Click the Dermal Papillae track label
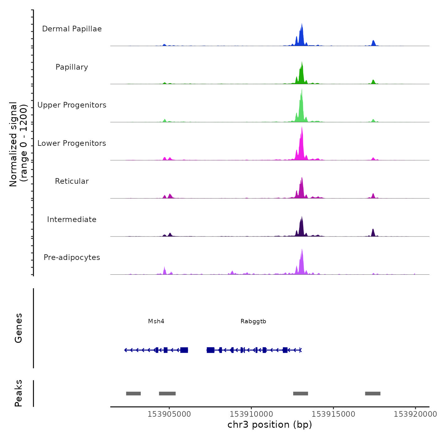tap(72, 29)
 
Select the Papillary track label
tap(72, 67)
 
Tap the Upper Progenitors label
tap(72, 105)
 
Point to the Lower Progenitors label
tap(72, 143)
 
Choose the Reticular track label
tap(72, 181)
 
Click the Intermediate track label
tap(72, 219)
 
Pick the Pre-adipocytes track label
tap(72, 257)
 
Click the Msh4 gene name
tap(156, 321)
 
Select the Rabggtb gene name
tap(253, 321)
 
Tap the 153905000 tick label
tap(169, 414)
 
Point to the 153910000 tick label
tap(251, 414)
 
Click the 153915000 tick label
tap(333, 414)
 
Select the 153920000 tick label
tap(415, 414)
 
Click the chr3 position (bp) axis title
tap(270, 425)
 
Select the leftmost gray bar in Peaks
tap(133, 394)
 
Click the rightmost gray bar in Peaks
tap(373, 394)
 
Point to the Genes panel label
tap(19, 328)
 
